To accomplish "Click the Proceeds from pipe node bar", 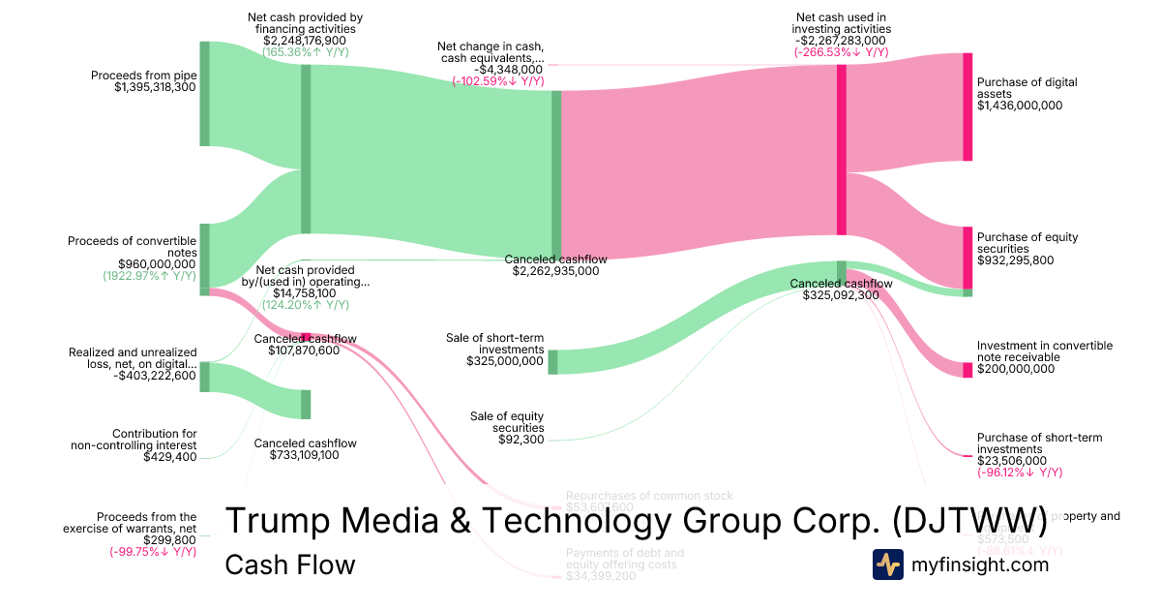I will click(204, 94).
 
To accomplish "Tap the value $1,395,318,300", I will click(155, 87).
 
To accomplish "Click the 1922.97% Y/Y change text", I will click(149, 275).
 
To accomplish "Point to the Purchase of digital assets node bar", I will click(967, 107).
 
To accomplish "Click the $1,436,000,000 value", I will click(1020, 106).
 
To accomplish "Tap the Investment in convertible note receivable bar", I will click(967, 370).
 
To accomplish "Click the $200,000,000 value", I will click(1016, 369).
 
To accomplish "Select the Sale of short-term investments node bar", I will click(552, 361).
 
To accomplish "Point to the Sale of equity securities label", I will click(507, 421).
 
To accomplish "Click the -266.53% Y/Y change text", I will click(841, 52).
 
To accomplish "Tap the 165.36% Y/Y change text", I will click(305, 52).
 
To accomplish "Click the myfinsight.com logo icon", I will click(887, 564).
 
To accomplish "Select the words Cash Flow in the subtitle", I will click(289, 564).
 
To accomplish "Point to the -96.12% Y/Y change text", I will click(1020, 473).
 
